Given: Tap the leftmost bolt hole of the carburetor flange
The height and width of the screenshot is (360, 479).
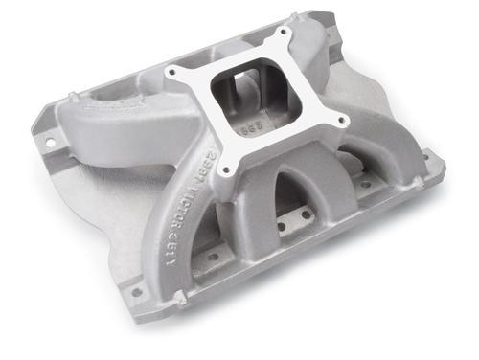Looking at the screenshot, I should pyautogui.click(x=173, y=73).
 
